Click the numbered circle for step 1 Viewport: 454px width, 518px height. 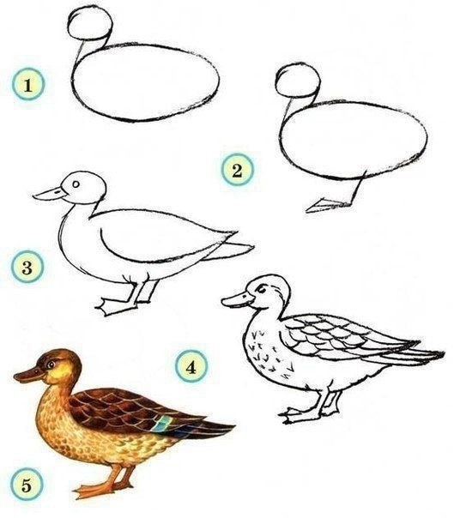click(28, 84)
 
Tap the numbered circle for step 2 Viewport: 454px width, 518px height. click(237, 170)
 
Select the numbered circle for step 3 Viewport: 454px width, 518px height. click(27, 267)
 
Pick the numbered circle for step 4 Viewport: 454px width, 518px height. click(191, 366)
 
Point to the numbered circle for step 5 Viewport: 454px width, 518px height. click(27, 485)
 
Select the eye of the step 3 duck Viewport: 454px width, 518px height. click(76, 184)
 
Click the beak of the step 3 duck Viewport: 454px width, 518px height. click(50, 194)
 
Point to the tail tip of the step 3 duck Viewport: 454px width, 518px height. click(252, 246)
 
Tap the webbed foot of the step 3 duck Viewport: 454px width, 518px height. click(114, 305)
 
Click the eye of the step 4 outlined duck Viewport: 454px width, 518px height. click(261, 290)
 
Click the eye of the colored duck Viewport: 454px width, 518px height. click(51, 364)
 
